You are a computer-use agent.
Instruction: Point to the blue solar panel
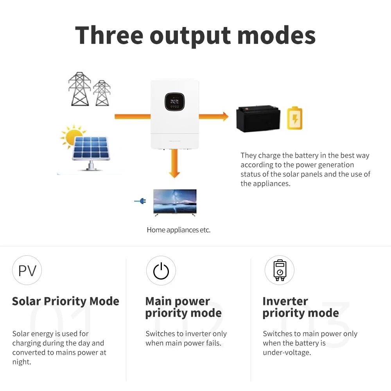pyautogui.click(x=90, y=149)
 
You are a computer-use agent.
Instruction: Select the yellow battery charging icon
pyautogui.click(x=294, y=118)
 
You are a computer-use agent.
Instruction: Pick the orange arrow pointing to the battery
pyautogui.click(x=213, y=116)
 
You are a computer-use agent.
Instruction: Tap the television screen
pyautogui.click(x=175, y=201)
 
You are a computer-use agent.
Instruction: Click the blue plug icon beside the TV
pyautogui.click(x=140, y=201)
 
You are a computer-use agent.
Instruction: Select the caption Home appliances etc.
pyautogui.click(x=178, y=230)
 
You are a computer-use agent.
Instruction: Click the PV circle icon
pyautogui.click(x=27, y=270)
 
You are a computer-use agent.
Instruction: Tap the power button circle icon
pyautogui.click(x=161, y=271)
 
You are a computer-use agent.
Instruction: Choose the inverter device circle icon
pyautogui.click(x=279, y=270)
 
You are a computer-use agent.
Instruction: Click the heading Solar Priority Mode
pyautogui.click(x=65, y=301)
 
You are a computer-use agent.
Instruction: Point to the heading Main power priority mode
pyautogui.click(x=183, y=307)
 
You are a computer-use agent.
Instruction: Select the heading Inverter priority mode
pyautogui.click(x=300, y=307)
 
